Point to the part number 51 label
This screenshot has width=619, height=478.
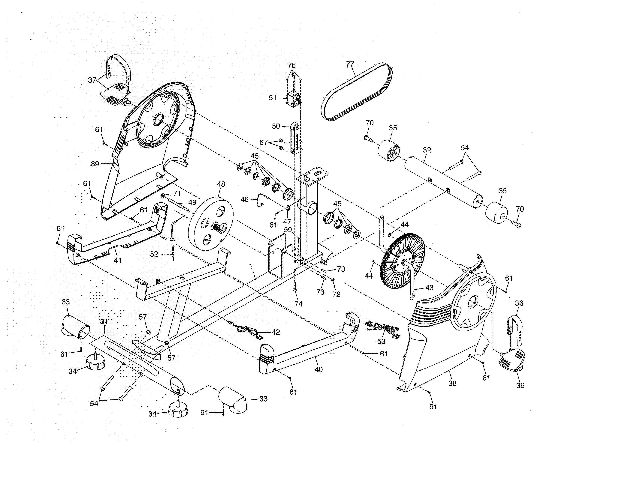[x=272, y=98]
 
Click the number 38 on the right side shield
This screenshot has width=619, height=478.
[x=452, y=383]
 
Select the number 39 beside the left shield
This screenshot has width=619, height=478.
[x=95, y=164]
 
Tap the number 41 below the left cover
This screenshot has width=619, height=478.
[x=117, y=260]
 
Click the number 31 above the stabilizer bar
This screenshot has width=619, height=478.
[x=104, y=321]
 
